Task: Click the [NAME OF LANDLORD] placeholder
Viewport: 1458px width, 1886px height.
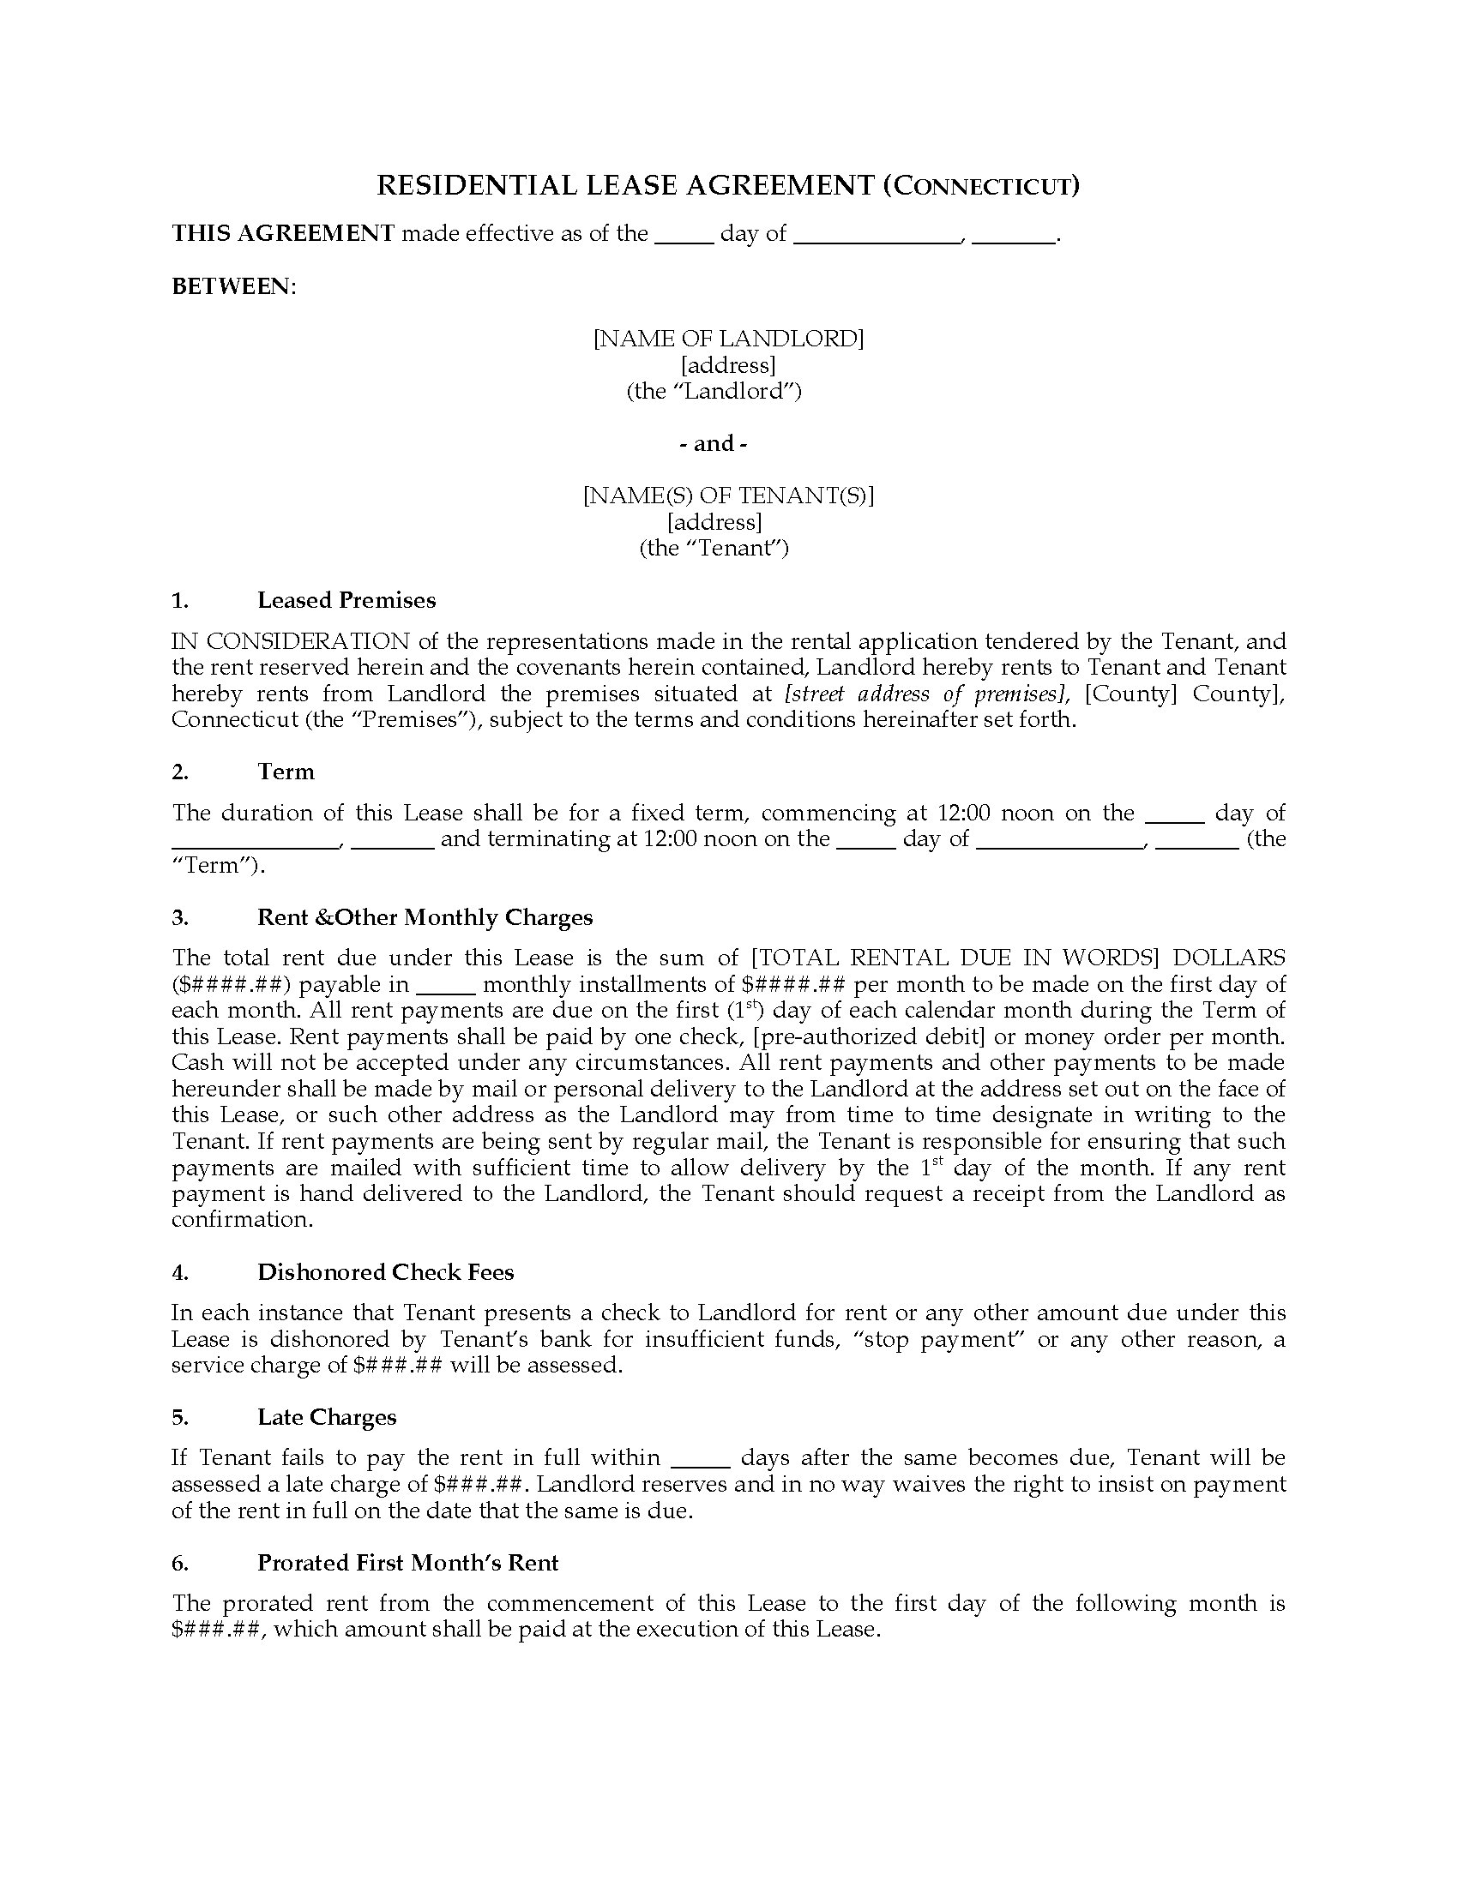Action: click(x=728, y=339)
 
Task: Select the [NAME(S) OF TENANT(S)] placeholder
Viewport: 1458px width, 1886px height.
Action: click(x=728, y=496)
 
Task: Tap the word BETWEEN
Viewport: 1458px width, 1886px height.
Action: click(x=232, y=286)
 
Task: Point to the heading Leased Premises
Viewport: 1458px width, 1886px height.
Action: click(x=346, y=600)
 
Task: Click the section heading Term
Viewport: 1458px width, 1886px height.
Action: click(x=286, y=772)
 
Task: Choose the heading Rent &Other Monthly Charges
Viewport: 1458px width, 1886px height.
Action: click(x=425, y=917)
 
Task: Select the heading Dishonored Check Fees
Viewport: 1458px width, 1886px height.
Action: click(x=385, y=1272)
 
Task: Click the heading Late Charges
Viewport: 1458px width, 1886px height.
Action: click(x=327, y=1417)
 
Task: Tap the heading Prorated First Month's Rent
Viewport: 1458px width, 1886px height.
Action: click(x=407, y=1563)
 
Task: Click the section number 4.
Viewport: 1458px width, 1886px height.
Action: click(x=178, y=1272)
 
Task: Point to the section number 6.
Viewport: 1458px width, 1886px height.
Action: click(x=178, y=1563)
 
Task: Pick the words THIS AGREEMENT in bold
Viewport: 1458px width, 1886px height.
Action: click(x=283, y=233)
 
